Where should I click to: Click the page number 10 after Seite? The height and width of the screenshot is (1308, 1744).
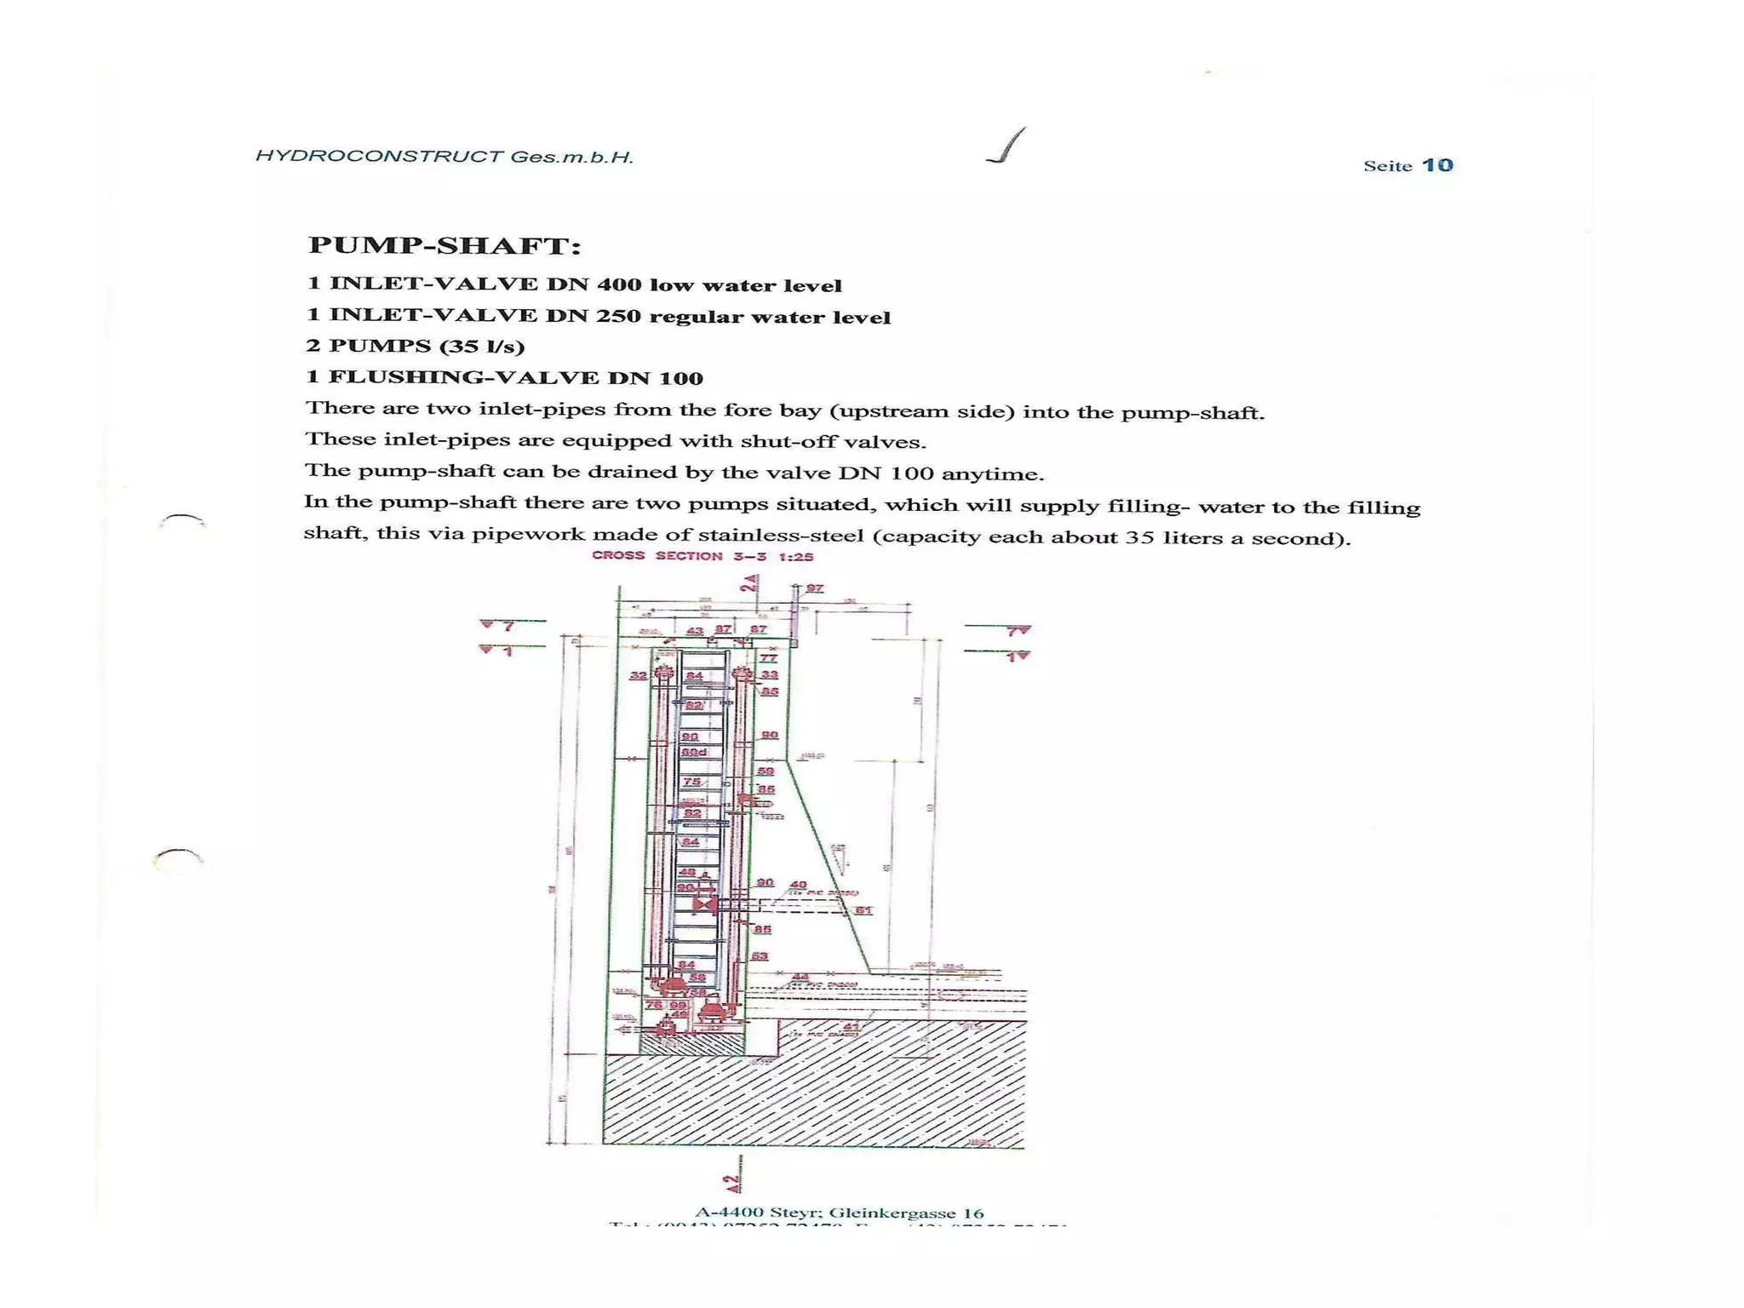1437,165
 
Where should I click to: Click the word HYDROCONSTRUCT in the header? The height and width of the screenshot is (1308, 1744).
379,156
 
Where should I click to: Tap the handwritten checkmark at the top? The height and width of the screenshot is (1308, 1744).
1007,146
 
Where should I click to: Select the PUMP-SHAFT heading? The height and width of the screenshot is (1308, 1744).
444,245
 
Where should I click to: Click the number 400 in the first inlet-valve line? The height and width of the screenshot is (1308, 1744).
619,284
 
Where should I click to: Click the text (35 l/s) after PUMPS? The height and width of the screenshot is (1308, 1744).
482,346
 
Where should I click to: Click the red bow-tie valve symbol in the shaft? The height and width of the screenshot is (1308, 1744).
704,904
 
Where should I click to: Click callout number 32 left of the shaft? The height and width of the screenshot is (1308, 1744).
638,675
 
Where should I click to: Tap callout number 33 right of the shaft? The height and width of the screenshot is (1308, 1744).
769,674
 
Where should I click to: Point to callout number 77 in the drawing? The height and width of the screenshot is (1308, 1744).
768,657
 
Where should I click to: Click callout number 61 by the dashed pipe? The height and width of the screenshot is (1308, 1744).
863,910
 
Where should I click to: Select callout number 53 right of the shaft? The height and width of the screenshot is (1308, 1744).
760,956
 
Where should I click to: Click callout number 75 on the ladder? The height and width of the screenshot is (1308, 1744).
691,782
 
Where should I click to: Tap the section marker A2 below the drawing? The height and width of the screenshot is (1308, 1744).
732,1183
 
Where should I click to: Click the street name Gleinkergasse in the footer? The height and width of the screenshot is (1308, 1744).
889,1213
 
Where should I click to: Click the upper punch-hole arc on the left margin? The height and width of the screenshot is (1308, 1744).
182,519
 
